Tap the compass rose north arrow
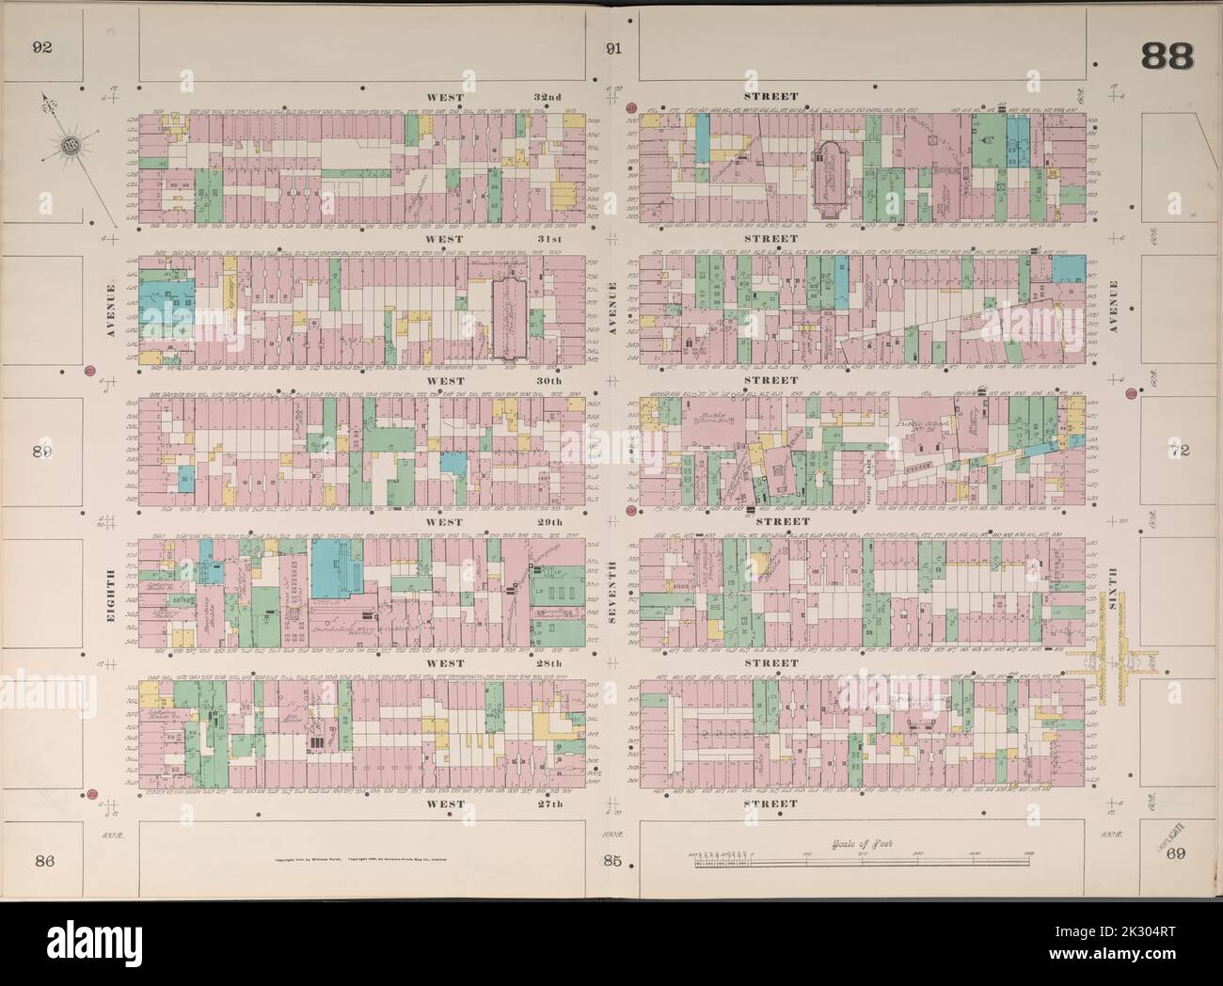[68, 144]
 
